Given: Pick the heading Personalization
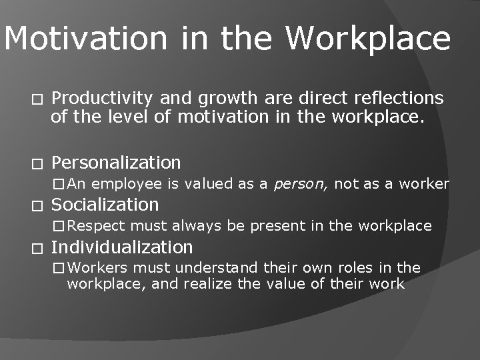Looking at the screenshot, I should pos(116,163).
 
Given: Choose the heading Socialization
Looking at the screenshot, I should pos(105,205).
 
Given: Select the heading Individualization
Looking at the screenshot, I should pos(122,247).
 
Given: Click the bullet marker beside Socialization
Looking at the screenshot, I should pos(37,205).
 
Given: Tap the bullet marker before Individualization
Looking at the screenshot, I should pos(37,248).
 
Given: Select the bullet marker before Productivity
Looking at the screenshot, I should pos(37,99).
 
